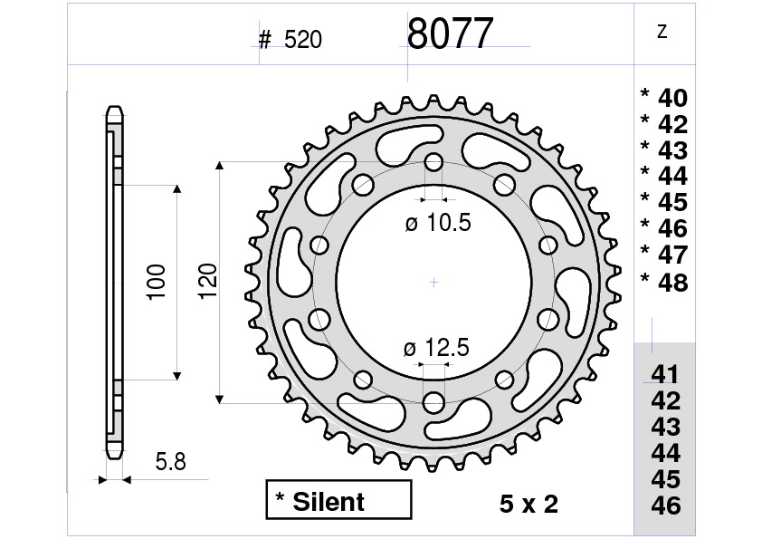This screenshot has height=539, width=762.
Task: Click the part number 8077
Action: point(450,34)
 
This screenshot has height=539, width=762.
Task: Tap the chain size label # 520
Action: point(291,40)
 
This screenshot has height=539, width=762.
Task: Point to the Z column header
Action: point(662,32)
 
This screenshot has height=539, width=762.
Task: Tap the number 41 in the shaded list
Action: point(665,374)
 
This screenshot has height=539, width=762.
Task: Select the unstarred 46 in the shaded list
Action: point(665,505)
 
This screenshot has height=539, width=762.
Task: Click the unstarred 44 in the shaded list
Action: point(665,452)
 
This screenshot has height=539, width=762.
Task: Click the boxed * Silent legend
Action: point(338,501)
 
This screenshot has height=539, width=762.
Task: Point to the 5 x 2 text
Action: point(529,505)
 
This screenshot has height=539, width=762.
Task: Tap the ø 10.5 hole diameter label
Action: point(439,224)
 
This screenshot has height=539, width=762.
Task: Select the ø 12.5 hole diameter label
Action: point(438,348)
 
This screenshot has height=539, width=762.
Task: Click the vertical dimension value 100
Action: point(155,283)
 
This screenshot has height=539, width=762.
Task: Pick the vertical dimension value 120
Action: point(206,283)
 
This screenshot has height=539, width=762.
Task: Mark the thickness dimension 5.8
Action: point(170,462)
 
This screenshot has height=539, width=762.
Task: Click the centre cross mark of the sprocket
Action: point(433,282)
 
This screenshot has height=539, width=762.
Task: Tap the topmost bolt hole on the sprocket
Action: point(433,163)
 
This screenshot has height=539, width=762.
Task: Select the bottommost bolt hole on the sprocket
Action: point(433,399)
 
